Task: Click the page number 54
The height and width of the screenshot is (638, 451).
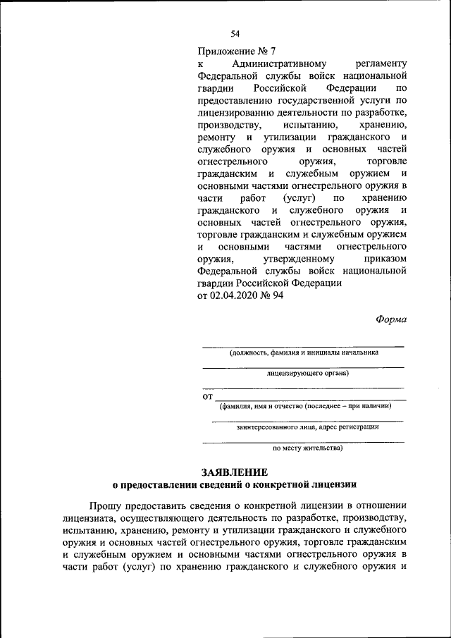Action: tap(235, 33)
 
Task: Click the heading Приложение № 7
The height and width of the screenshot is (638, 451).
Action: tap(237, 51)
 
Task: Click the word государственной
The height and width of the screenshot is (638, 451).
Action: tap(304, 102)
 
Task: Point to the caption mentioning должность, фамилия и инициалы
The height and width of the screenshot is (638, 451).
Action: tap(303, 353)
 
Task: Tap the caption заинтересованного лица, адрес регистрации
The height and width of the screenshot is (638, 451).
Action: tap(307, 427)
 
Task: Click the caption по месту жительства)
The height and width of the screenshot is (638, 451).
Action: tap(307, 447)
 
